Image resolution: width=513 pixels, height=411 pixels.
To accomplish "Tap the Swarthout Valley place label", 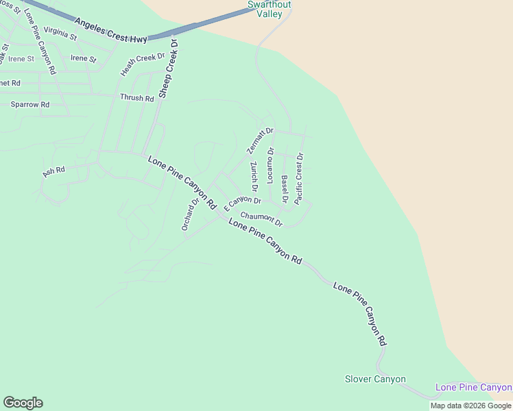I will click(269, 10).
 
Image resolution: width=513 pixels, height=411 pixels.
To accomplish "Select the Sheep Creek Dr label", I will click(168, 68).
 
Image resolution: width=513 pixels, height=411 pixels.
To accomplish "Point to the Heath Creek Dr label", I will click(143, 64).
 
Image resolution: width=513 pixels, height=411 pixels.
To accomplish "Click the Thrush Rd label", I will click(136, 98).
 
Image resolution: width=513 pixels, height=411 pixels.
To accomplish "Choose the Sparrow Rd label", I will click(30, 105).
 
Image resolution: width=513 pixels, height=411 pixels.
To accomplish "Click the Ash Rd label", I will click(53, 171).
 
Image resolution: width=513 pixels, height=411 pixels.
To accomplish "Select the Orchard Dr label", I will click(190, 212).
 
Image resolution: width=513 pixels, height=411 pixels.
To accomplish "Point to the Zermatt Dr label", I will click(260, 140).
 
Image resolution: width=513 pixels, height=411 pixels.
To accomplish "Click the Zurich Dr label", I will click(253, 176).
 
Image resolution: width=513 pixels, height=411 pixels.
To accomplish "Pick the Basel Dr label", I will click(285, 189).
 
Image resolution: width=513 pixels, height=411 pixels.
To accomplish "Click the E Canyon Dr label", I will click(243, 202).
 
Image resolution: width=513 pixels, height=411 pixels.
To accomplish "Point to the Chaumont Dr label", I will click(261, 219).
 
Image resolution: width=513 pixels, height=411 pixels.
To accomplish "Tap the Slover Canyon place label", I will click(375, 379).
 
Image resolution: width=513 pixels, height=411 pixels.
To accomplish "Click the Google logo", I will click(23, 403).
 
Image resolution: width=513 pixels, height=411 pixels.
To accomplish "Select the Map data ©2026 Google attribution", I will click(470, 406).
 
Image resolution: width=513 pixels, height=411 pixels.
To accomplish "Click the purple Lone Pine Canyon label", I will click(473, 388).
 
